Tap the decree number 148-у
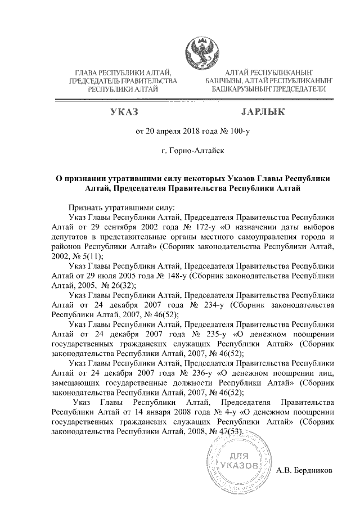point(175,276)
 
